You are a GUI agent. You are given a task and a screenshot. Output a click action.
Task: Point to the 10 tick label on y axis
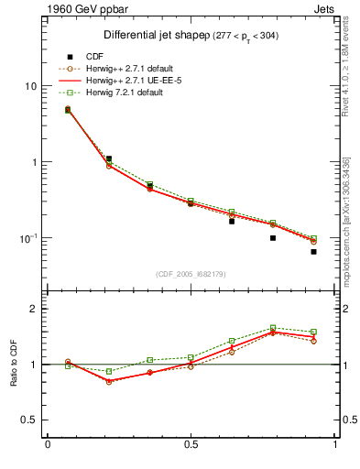pyautogui.click(x=30, y=86)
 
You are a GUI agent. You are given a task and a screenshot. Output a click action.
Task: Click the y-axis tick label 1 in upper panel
pyautogui.click(x=33, y=162)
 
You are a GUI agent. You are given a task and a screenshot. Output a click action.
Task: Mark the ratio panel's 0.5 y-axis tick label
pyautogui.click(x=28, y=420)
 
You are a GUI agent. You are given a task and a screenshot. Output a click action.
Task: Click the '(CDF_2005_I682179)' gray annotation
pyautogui.click(x=191, y=272)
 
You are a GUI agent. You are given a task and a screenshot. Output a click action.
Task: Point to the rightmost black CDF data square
pyautogui.click(x=313, y=251)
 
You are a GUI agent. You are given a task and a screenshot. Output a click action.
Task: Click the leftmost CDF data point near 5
pyautogui.click(x=68, y=110)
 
